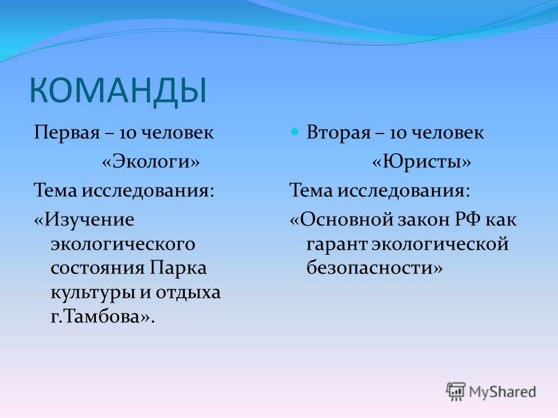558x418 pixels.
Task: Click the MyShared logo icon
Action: [456, 391]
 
